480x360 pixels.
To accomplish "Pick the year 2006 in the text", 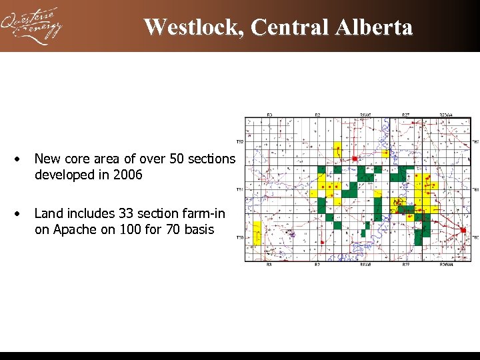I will tap(127, 175).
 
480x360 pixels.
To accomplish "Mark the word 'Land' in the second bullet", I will tap(48, 213).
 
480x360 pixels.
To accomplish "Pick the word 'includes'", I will tap(86, 213).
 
